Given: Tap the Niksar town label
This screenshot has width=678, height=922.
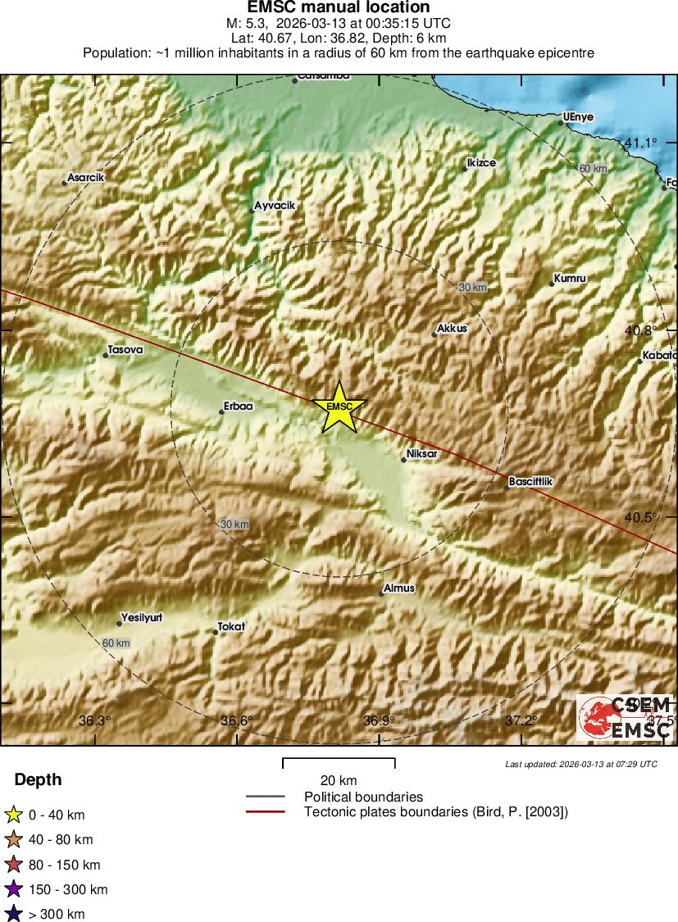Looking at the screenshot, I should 422,453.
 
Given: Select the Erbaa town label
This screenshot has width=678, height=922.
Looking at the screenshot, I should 239,406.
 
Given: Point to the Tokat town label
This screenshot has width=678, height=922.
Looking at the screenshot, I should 231,627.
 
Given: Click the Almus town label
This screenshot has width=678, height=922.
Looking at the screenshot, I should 400,588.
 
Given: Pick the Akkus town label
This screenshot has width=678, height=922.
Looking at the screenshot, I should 452,328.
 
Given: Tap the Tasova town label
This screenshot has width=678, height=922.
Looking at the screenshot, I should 125,350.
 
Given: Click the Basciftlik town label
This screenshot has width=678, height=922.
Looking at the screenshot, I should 531,482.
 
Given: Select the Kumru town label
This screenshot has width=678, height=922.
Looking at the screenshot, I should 571,279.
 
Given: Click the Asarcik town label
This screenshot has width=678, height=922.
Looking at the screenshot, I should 86,177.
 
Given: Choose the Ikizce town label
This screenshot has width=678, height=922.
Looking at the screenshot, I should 481,163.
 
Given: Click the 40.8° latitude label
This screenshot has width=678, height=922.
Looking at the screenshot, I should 640,331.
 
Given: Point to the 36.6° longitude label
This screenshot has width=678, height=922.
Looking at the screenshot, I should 237,721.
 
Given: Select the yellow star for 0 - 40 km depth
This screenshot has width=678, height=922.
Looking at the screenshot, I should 13,815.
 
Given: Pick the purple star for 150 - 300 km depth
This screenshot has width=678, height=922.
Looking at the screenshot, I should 13,889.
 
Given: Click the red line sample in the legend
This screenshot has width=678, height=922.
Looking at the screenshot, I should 265,812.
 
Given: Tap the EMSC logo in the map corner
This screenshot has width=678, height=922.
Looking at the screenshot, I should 625,718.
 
